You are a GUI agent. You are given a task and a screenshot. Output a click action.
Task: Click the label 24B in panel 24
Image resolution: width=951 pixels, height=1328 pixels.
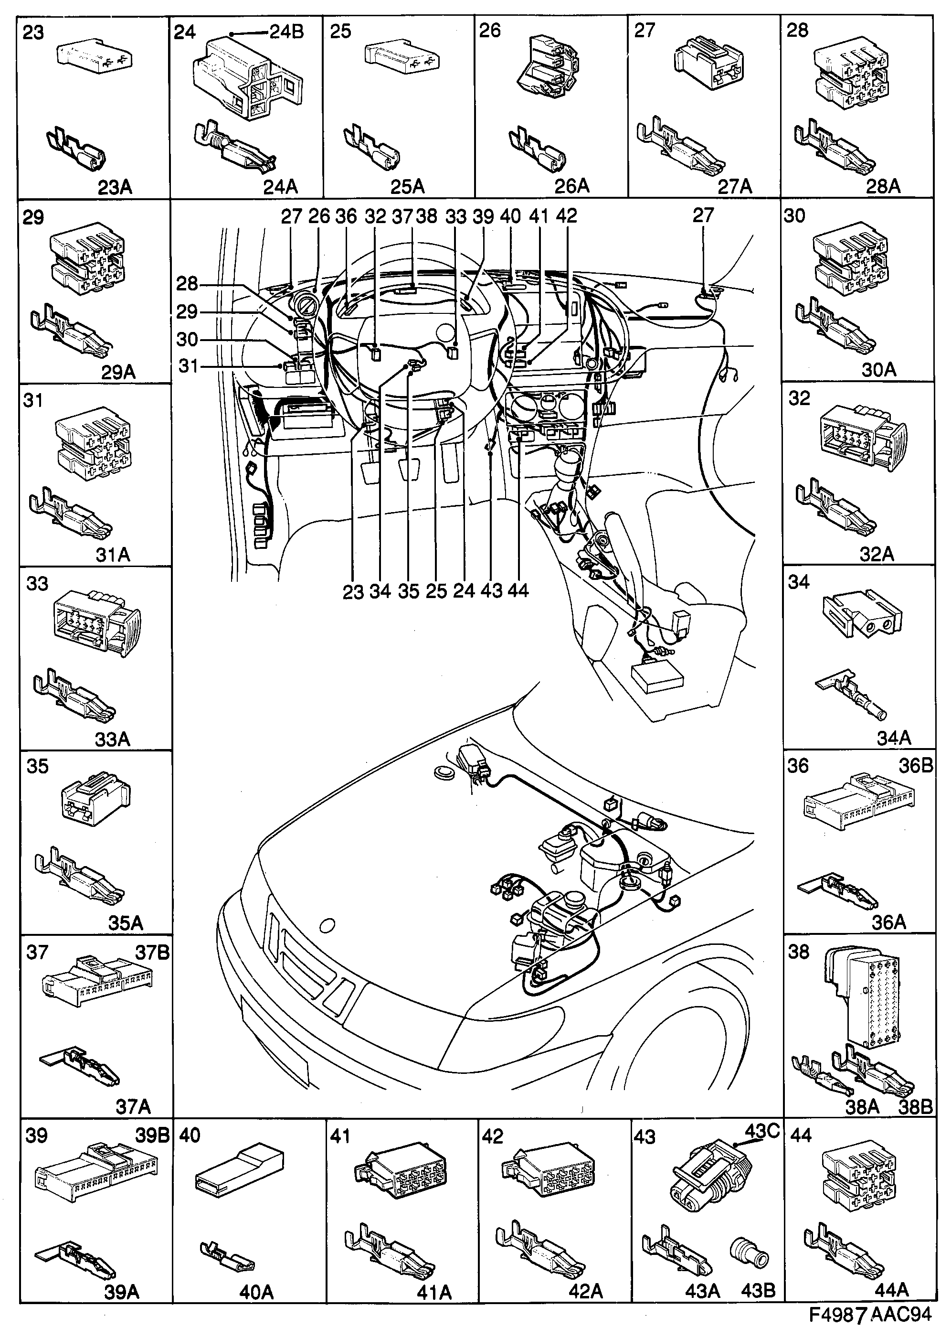[287, 32]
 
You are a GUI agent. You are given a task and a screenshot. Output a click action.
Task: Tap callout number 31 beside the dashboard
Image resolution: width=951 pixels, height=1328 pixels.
[189, 366]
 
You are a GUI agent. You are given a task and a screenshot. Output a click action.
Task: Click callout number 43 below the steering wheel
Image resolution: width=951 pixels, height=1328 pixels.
[492, 590]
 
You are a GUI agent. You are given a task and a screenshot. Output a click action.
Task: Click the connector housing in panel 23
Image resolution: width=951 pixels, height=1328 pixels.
[94, 55]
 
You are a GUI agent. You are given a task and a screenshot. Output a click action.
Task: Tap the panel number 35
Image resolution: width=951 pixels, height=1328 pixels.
[37, 766]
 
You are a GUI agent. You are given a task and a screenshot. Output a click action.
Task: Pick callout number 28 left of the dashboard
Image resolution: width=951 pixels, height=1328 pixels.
[187, 284]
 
